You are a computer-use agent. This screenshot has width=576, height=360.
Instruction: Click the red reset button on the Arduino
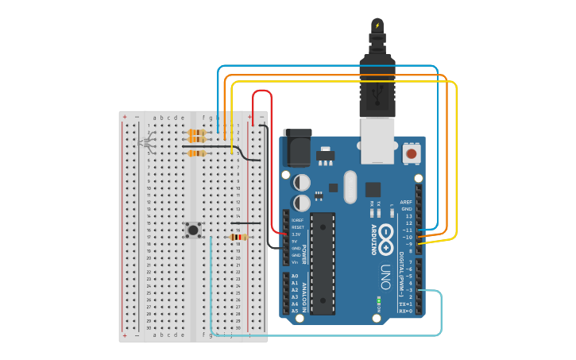pyautogui.click(x=412, y=153)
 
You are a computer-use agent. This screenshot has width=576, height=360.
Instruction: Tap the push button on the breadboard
pyautogui.click(x=193, y=230)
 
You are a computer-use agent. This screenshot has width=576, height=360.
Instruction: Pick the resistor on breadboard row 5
pyautogui.click(x=196, y=153)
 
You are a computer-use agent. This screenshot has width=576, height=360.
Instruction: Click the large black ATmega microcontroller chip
pyautogui.click(x=323, y=262)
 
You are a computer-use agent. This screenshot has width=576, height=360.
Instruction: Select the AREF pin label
pyautogui.click(x=406, y=203)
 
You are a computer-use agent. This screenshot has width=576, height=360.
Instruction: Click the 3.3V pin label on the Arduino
pyautogui.click(x=296, y=234)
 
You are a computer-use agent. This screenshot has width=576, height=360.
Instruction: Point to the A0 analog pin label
pyautogui.click(x=295, y=276)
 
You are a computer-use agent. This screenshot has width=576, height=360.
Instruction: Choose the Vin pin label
pyautogui.click(x=295, y=261)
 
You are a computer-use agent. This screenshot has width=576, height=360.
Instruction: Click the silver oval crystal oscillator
pyautogui.click(x=350, y=187)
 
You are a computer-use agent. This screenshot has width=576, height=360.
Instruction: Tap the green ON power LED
pyautogui.click(x=379, y=300)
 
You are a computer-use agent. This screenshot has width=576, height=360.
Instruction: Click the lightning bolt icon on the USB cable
pyautogui.click(x=377, y=25)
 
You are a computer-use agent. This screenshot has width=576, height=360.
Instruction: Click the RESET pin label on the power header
pyautogui.click(x=297, y=227)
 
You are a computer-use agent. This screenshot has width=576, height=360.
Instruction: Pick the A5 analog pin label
pyautogui.click(x=295, y=311)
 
